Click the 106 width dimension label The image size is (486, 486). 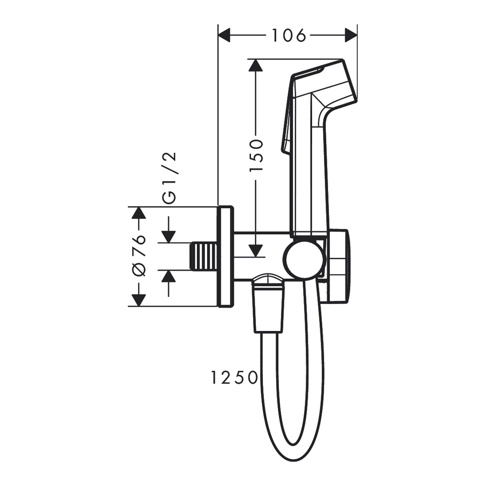pyautogui.click(x=288, y=35)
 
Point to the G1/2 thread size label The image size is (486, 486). pyautogui.click(x=170, y=177)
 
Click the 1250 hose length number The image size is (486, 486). pyautogui.click(x=234, y=378)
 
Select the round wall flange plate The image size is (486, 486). pyautogui.click(x=226, y=257)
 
